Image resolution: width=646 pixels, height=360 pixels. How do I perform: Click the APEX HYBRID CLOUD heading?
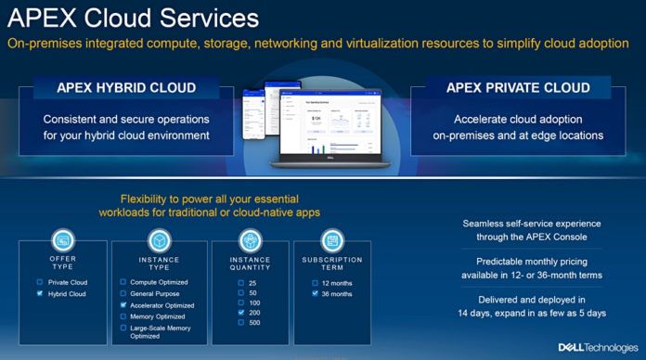pyautogui.click(x=127, y=88)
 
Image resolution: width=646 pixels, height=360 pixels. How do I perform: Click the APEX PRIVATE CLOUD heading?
pyautogui.click(x=517, y=88)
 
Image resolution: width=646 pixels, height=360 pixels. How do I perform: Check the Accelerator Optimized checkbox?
pyautogui.click(x=123, y=304)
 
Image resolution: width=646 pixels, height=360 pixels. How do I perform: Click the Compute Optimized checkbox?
pyautogui.click(x=123, y=281)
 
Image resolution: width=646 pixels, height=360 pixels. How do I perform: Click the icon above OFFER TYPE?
pyautogui.click(x=63, y=239)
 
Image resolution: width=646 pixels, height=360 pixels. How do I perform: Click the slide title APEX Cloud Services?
pyautogui.click(x=130, y=19)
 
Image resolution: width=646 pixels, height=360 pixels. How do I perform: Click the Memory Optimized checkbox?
pyautogui.click(x=123, y=316)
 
